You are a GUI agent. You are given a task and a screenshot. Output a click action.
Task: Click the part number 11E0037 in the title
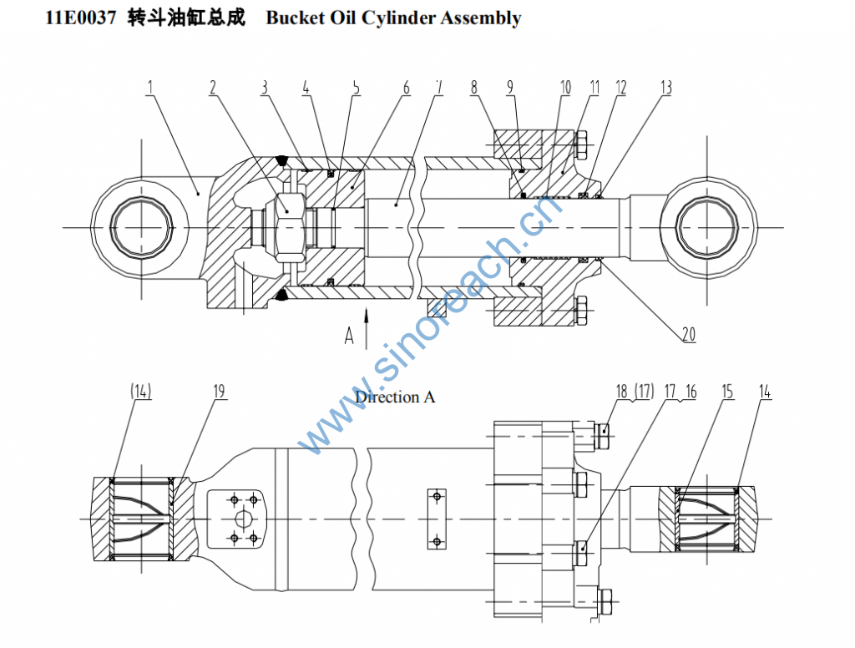point(82,18)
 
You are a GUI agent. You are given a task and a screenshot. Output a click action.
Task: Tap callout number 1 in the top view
point(150,86)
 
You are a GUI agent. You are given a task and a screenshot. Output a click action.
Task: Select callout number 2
point(213,86)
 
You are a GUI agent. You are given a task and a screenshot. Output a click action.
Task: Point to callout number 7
point(439,86)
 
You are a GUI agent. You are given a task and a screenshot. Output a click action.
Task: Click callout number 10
point(565,86)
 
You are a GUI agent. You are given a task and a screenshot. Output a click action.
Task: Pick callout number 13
point(665,86)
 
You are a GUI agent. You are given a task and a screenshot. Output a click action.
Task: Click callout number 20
point(688,334)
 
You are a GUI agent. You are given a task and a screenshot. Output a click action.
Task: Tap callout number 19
point(219,391)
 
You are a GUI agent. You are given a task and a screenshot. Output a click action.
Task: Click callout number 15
point(728,391)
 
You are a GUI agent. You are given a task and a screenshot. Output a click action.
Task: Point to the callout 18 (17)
point(634,391)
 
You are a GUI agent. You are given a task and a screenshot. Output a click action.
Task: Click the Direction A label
point(395,397)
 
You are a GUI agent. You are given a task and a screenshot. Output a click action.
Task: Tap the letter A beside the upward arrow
point(350,336)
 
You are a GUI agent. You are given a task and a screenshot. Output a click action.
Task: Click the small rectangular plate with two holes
point(436,519)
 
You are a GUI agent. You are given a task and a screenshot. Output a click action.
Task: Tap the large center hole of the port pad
point(244,519)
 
